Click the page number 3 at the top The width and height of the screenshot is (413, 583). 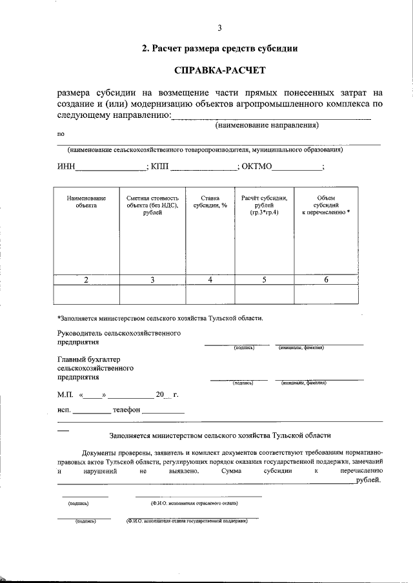(219, 27)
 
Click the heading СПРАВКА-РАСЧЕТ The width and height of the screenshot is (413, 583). (219, 69)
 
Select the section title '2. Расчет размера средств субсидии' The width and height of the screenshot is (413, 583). (219, 48)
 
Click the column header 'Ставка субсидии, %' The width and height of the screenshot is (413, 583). (210, 202)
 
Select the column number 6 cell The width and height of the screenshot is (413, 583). (326, 279)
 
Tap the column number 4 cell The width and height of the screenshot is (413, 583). (210, 279)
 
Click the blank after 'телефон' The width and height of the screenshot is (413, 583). (163, 410)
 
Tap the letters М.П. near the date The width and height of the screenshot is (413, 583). (66, 394)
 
